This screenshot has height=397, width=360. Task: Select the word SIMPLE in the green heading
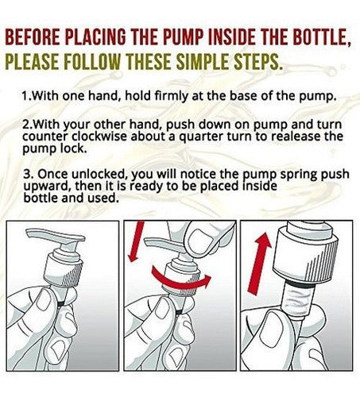tap(203, 62)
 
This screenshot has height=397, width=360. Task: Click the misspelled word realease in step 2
tap(296, 137)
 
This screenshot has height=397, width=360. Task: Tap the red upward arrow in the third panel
tap(259, 263)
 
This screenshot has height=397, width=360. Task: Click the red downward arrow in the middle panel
tap(135, 241)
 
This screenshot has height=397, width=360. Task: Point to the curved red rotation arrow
tap(181, 280)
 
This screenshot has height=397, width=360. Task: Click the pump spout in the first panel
tap(56, 236)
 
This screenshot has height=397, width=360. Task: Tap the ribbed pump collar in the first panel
tap(64, 271)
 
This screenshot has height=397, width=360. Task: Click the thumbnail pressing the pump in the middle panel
tap(202, 238)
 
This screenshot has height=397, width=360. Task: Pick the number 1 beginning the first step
tap(25, 95)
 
